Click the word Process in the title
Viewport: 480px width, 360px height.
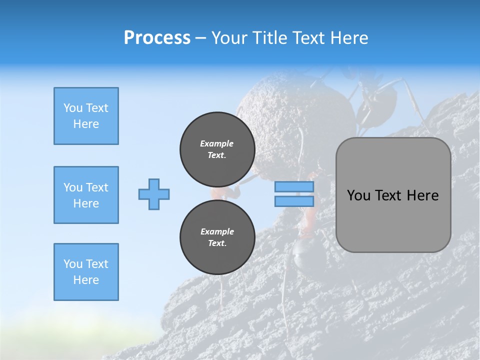pyautogui.click(x=157, y=37)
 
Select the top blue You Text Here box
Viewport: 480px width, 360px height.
pyautogui.click(x=86, y=116)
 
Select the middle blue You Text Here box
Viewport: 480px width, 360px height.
pyautogui.click(x=86, y=195)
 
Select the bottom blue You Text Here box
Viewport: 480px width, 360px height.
pyautogui.click(x=86, y=271)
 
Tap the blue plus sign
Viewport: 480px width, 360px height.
pyautogui.click(x=154, y=194)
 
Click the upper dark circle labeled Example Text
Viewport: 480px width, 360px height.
pyautogui.click(x=217, y=149)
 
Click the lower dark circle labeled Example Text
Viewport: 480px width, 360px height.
pyautogui.click(x=217, y=237)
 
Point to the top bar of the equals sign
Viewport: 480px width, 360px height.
pyautogui.click(x=294, y=187)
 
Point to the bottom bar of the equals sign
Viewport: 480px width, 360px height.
pyautogui.click(x=294, y=201)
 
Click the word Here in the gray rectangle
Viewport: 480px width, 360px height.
pyautogui.click(x=422, y=195)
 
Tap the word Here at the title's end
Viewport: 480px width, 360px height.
pyautogui.click(x=350, y=37)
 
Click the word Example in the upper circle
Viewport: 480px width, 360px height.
pyautogui.click(x=217, y=143)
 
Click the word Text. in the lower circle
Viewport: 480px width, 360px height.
pyautogui.click(x=217, y=243)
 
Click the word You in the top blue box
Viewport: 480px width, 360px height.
pyautogui.click(x=72, y=108)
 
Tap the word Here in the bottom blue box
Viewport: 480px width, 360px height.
pyautogui.click(x=86, y=280)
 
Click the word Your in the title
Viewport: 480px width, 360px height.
pyautogui.click(x=230, y=37)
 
